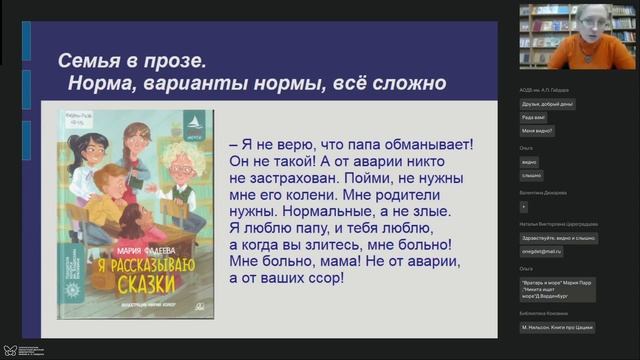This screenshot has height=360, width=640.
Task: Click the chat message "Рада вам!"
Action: [534, 117]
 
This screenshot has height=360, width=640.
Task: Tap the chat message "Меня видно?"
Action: [537, 131]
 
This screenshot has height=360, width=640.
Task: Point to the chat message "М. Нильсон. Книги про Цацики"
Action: [562, 327]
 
